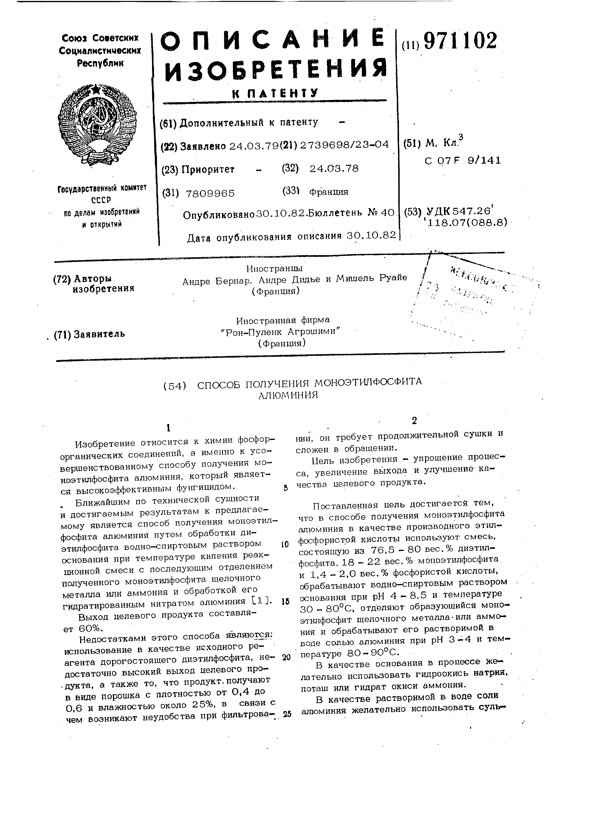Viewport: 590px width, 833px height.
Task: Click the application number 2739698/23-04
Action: point(344,145)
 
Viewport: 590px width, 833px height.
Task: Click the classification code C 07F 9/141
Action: point(462,160)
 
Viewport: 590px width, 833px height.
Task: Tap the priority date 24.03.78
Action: point(334,168)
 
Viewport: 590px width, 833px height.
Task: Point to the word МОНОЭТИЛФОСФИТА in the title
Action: point(368,382)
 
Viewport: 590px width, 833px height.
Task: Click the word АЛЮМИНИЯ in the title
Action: point(288,395)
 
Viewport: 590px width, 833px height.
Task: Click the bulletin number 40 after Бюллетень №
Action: point(387,213)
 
